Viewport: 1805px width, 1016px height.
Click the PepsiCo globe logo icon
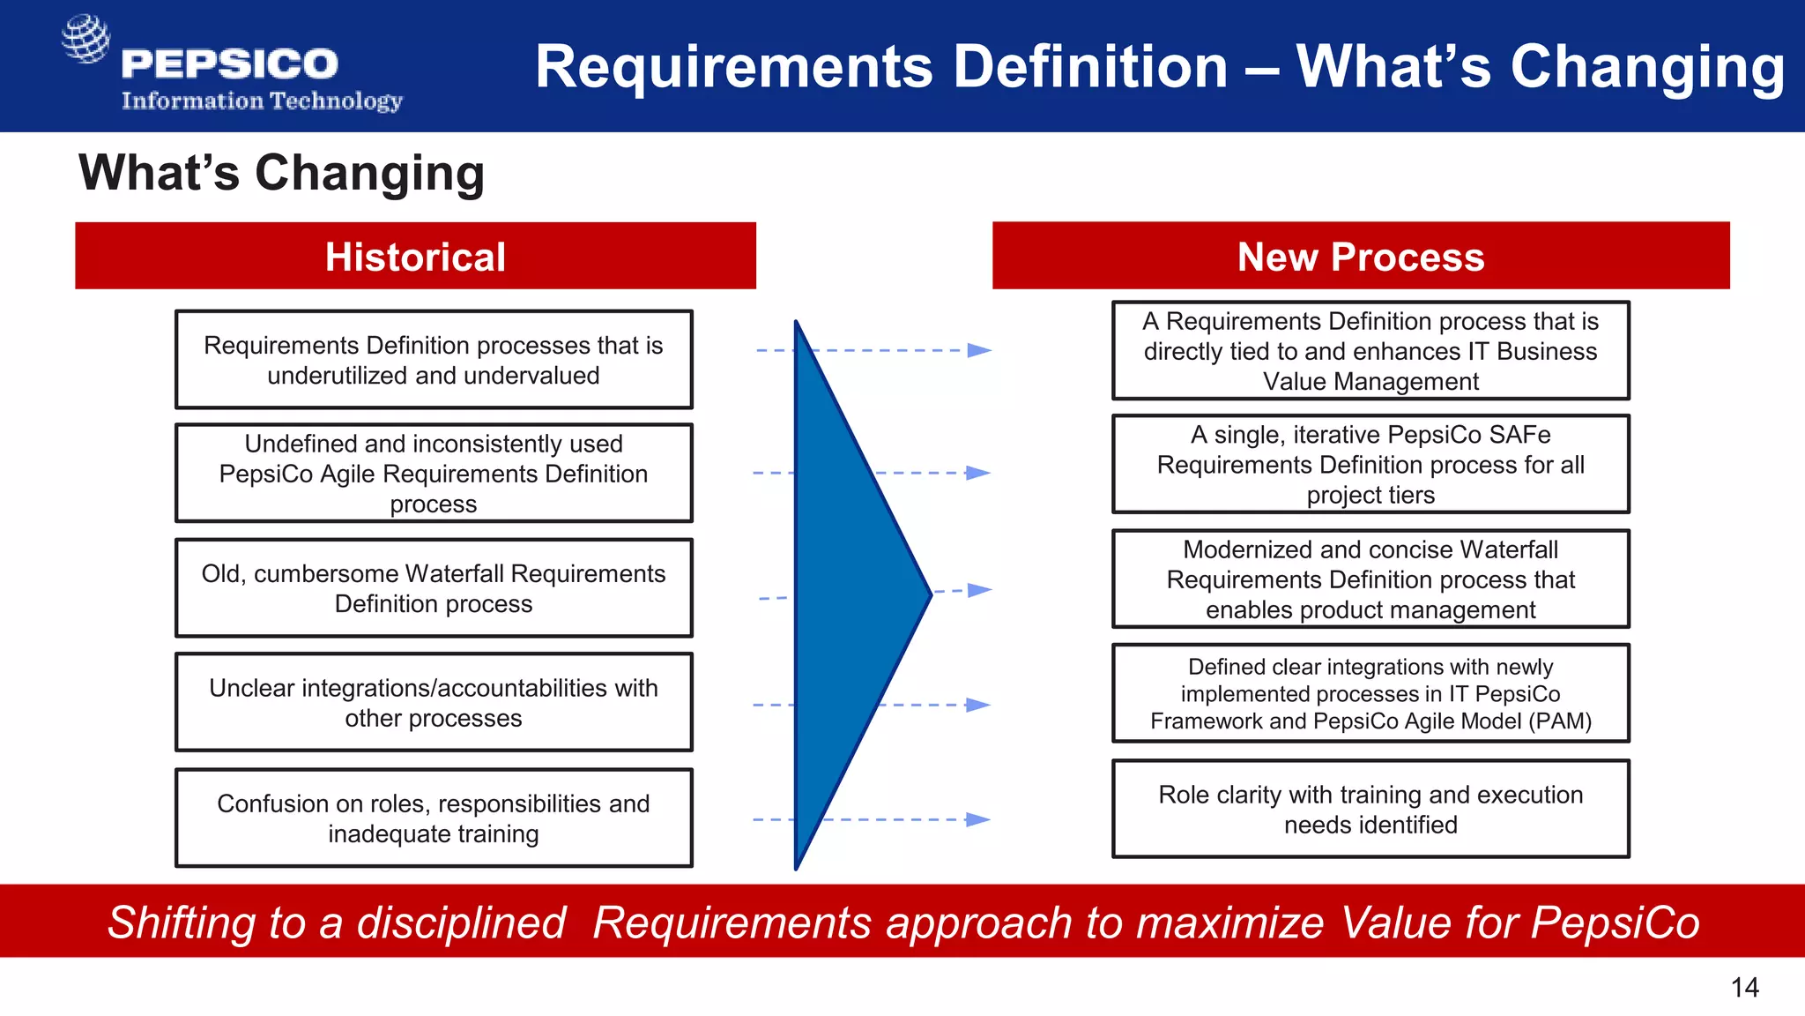(x=85, y=39)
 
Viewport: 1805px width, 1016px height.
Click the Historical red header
(x=415, y=256)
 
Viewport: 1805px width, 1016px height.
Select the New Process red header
(x=1360, y=256)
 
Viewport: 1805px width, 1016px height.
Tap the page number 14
(x=1744, y=987)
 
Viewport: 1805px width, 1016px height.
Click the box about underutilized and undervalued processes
(x=434, y=360)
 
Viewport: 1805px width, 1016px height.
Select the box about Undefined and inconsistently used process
(x=434, y=474)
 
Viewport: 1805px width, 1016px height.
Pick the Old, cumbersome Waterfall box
(x=434, y=588)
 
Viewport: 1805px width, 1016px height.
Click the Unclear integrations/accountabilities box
(x=434, y=703)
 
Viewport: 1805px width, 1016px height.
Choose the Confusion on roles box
(x=434, y=818)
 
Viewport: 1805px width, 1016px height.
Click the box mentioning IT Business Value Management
(x=1370, y=351)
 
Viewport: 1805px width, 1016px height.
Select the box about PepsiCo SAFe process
(x=1370, y=465)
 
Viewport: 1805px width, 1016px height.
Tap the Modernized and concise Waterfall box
(x=1370, y=579)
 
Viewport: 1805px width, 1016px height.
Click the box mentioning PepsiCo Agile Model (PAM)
(x=1370, y=694)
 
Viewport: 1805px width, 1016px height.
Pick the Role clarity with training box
(x=1370, y=809)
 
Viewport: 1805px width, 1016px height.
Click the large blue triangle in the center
(x=846, y=595)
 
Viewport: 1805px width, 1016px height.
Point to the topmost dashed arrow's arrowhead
(x=979, y=350)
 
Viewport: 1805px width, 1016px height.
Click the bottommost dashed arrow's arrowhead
(x=977, y=819)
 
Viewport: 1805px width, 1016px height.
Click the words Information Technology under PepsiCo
(x=262, y=101)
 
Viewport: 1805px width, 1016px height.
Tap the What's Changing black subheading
(x=282, y=172)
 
